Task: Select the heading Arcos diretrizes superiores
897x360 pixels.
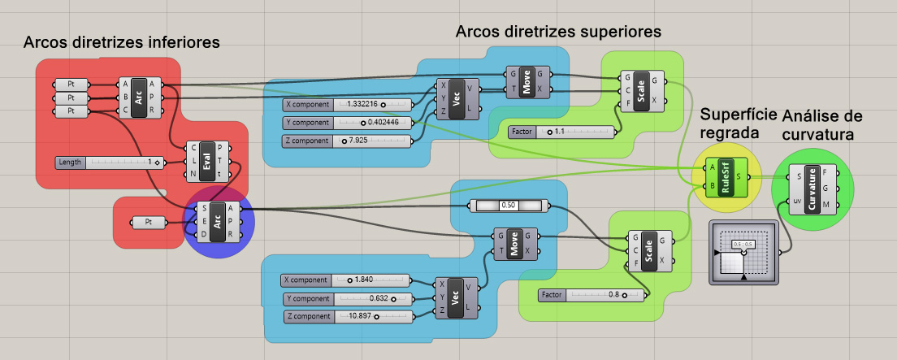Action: coord(558,32)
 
